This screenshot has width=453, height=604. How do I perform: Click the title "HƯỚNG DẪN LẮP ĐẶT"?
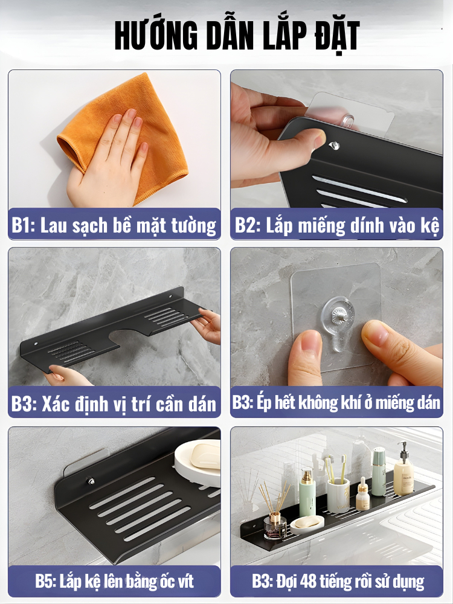(x=237, y=36)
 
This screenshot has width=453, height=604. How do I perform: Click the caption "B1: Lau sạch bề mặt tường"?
(x=114, y=225)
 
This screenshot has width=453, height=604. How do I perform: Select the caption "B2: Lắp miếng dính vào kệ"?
(x=337, y=225)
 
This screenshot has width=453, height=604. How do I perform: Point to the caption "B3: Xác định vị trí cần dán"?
(x=114, y=403)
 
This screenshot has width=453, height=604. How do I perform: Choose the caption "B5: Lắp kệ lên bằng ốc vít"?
(x=114, y=581)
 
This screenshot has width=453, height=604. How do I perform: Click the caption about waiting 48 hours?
(x=338, y=581)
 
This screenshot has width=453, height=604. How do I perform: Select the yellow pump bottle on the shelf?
(x=403, y=470)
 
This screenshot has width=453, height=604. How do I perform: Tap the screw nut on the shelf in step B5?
(x=91, y=481)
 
